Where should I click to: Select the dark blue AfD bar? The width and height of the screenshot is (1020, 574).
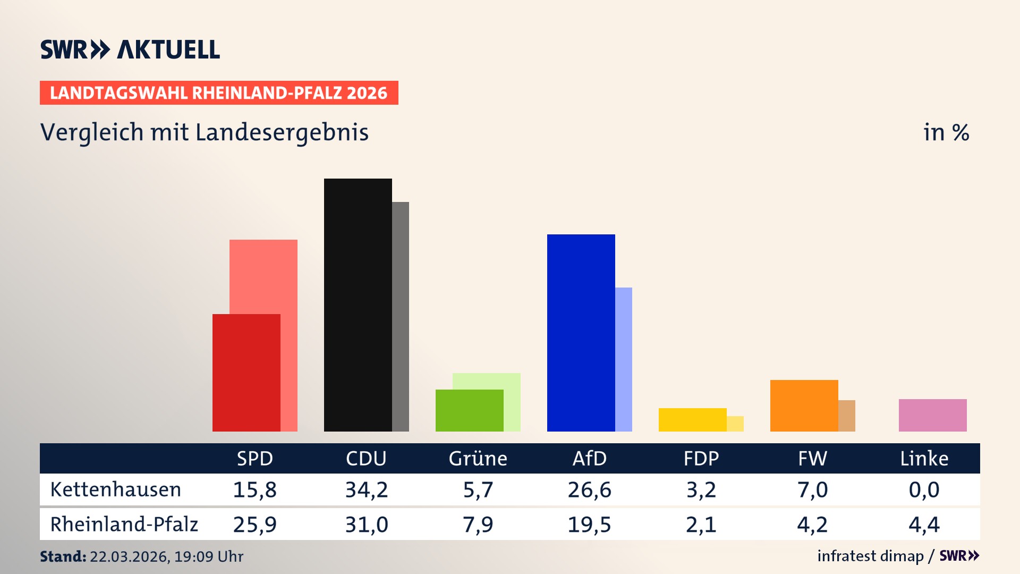coord(581,333)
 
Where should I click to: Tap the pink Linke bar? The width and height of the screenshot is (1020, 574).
coord(932,415)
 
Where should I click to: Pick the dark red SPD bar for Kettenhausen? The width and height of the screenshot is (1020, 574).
coord(246,373)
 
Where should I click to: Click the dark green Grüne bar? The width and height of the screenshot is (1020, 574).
coord(469,410)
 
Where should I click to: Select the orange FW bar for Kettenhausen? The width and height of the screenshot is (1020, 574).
coord(804,406)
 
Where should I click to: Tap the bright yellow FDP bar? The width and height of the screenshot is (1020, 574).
coord(692,419)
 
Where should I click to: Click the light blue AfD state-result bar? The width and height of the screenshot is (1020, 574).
coord(624,359)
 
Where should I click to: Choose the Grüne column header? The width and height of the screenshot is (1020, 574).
coord(478,458)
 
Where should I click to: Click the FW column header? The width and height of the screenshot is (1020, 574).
coord(812,458)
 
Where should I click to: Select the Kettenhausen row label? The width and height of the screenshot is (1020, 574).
coord(115,489)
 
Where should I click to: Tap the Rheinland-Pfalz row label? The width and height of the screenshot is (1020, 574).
coord(124,524)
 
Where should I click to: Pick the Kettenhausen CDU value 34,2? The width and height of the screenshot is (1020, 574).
coord(367,489)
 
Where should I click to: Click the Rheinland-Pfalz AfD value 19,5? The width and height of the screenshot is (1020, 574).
coord(589,525)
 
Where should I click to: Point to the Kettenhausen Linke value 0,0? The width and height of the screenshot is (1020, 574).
coord(924,489)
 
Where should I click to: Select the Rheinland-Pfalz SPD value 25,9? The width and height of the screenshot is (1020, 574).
coord(254,525)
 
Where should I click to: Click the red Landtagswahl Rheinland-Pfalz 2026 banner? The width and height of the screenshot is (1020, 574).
coord(219,92)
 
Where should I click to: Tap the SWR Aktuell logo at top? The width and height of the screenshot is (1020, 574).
coord(130,49)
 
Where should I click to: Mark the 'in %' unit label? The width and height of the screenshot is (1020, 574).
coord(946,132)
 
